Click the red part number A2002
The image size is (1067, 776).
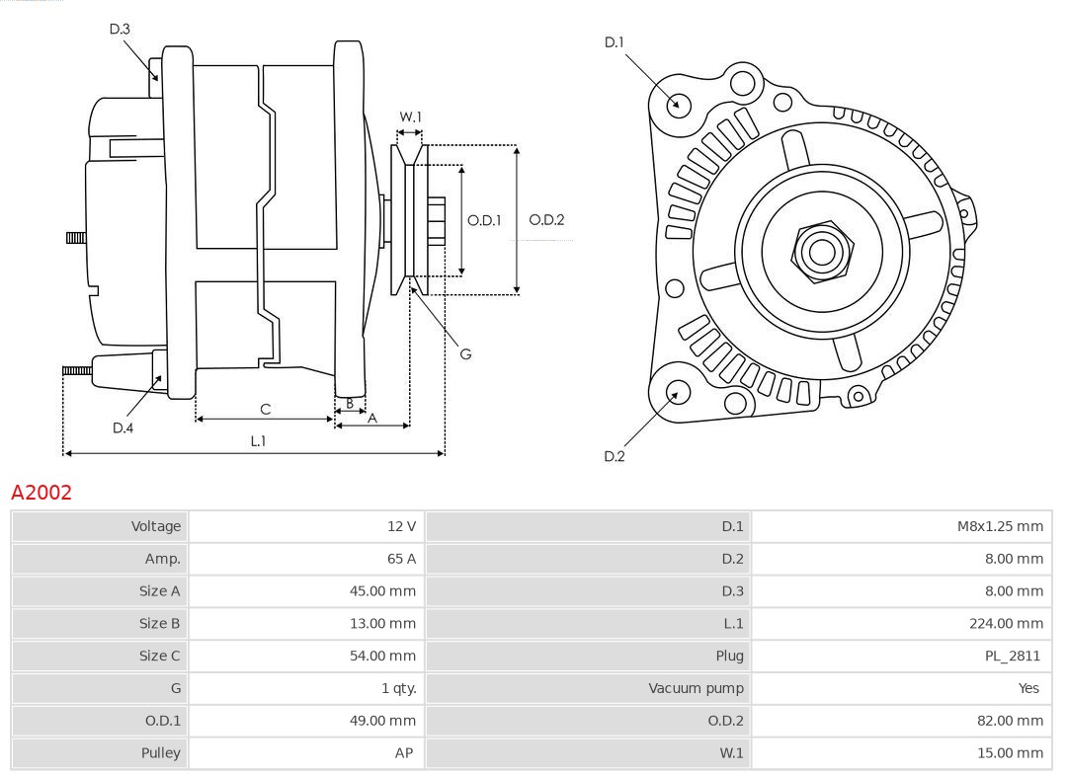pos(41,493)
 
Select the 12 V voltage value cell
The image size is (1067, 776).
pos(401,526)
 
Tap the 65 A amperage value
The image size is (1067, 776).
pos(401,559)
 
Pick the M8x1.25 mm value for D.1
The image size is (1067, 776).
pos(999,526)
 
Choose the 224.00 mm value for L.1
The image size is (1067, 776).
pos(1006,623)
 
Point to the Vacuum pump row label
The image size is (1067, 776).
pos(696,688)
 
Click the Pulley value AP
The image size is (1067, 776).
pos(404,752)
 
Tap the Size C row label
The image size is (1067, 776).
pos(160,656)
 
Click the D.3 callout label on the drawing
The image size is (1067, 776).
pos(120,30)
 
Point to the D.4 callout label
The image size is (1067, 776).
pos(123,427)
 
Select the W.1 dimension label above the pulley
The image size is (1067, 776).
pos(410,116)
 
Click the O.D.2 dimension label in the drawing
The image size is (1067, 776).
pos(546,220)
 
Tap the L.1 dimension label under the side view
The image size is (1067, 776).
pos(257,441)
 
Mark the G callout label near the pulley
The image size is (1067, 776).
pos(465,353)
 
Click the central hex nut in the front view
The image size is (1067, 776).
pos(821,252)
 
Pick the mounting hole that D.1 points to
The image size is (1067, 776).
pos(679,103)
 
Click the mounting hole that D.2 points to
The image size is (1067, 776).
pos(677,393)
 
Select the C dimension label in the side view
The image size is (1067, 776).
pos(265,409)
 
